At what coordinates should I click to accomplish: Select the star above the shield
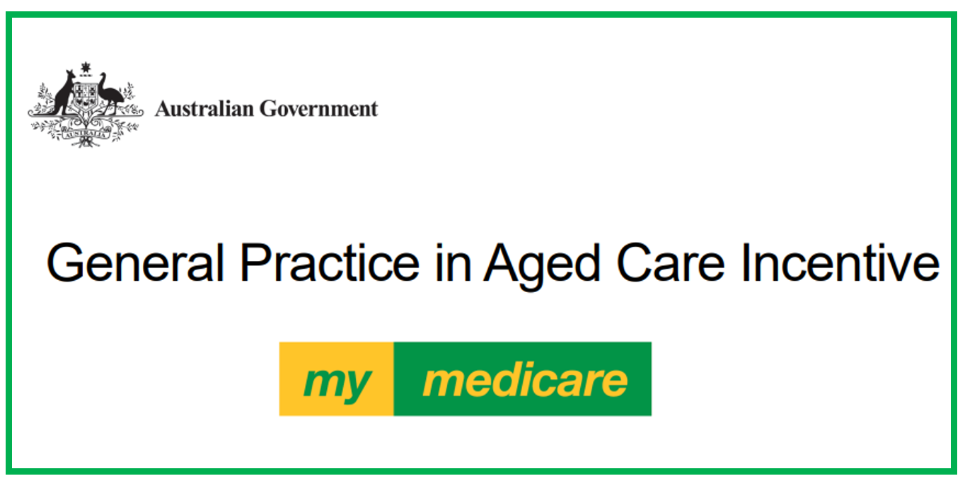point(86,68)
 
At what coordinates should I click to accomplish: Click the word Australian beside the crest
point(204,109)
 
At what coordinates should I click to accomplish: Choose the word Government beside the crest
point(318,109)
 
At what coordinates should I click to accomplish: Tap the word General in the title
point(135,263)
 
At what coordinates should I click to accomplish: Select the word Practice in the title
point(329,263)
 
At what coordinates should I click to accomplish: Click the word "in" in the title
point(452,263)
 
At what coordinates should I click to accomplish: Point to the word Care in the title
point(671,263)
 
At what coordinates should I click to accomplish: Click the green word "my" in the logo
point(337,382)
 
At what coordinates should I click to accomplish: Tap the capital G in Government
point(267,109)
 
